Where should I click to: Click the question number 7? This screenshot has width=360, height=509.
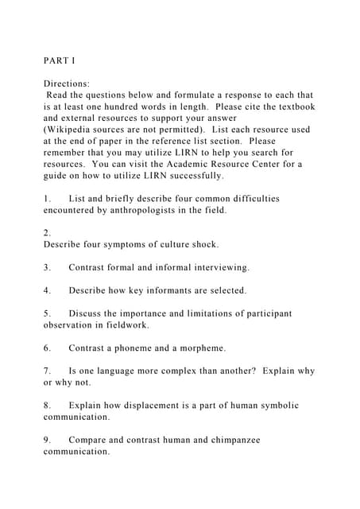tap(47, 371)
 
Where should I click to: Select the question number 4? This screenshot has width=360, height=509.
tap(47, 291)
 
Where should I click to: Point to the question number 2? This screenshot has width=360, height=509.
tap(47, 234)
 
